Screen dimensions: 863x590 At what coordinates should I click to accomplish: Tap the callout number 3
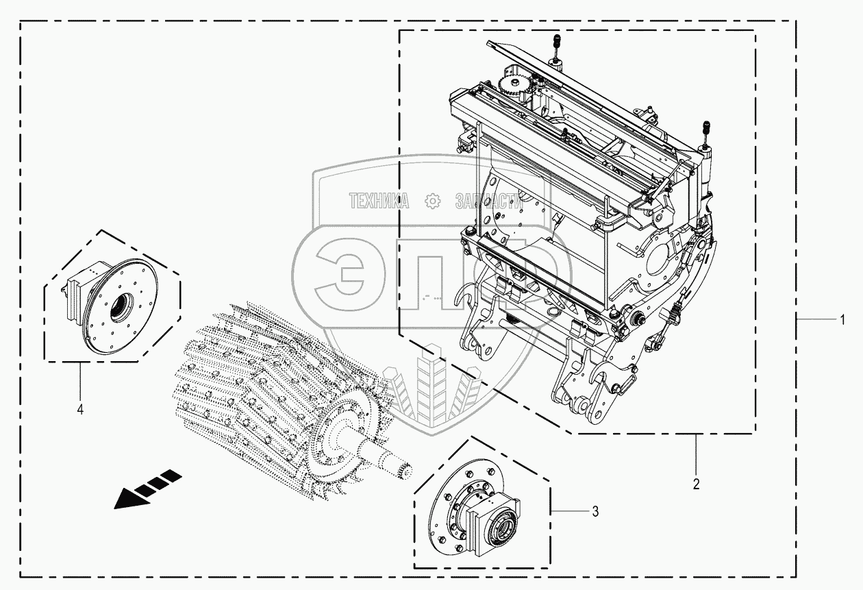coord(595,511)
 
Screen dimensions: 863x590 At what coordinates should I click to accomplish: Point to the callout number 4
coord(80,410)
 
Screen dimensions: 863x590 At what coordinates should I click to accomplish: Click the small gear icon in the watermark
coord(432,201)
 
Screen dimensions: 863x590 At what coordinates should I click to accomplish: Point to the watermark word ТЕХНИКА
coord(379,201)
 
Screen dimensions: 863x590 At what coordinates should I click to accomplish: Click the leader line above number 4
coord(80,380)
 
